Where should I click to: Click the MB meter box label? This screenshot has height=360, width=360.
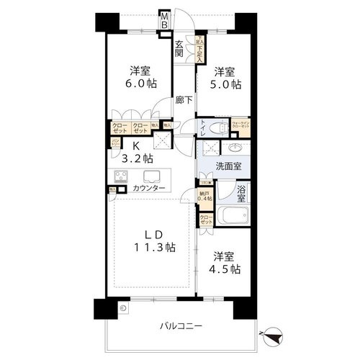(x=164, y=20)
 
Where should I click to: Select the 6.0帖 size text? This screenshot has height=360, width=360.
(x=140, y=83)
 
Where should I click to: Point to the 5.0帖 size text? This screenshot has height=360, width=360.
(x=226, y=84)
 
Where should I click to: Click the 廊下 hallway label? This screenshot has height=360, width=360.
(x=184, y=101)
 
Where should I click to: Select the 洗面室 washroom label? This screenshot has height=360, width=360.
(x=229, y=166)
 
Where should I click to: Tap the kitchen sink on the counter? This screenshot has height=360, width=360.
(x=153, y=177)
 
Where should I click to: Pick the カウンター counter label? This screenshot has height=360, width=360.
(x=148, y=189)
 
